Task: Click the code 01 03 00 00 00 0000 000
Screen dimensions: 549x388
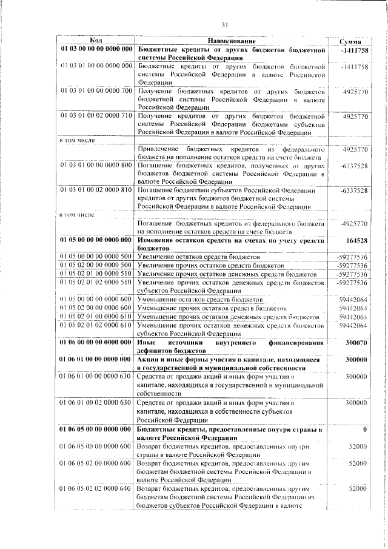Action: point(96,49)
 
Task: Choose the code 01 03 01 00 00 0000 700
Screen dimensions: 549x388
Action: point(96,91)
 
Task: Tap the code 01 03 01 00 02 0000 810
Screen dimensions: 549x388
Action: point(96,190)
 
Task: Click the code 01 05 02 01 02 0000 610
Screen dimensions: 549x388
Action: point(96,325)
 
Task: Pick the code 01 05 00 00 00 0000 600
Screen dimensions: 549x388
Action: point(96,300)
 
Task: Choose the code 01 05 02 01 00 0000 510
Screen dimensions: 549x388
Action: point(96,274)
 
